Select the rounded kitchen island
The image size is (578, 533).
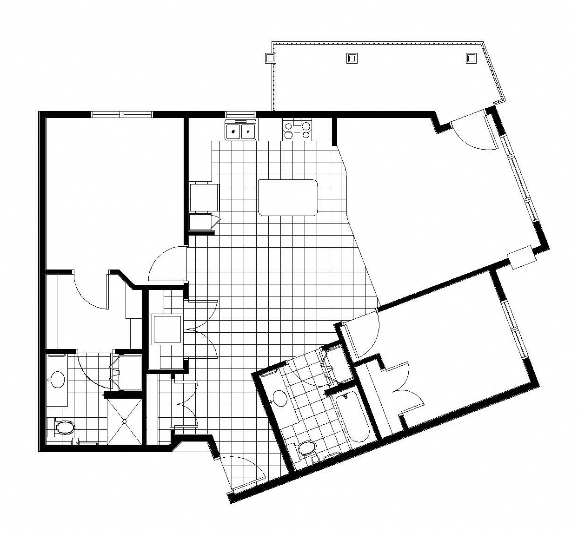[x=288, y=197]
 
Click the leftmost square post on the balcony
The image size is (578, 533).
[x=270, y=58]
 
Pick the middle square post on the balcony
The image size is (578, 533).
[x=352, y=58]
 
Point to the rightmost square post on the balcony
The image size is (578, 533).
[x=471, y=58]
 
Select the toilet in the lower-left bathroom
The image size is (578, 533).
[x=64, y=426]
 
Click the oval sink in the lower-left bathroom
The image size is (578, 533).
[x=58, y=379]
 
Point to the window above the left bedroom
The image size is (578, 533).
[x=122, y=114]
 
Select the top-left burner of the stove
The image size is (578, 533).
[x=289, y=125]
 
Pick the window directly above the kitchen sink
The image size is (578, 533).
[x=240, y=114]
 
